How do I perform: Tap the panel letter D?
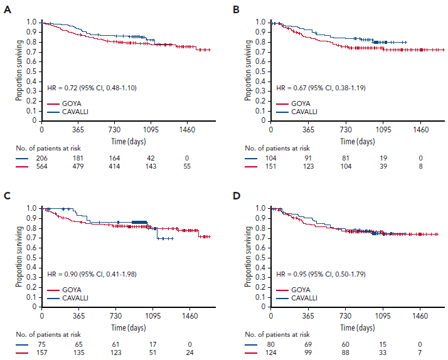(236, 196)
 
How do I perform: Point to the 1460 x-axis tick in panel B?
(420, 130)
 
